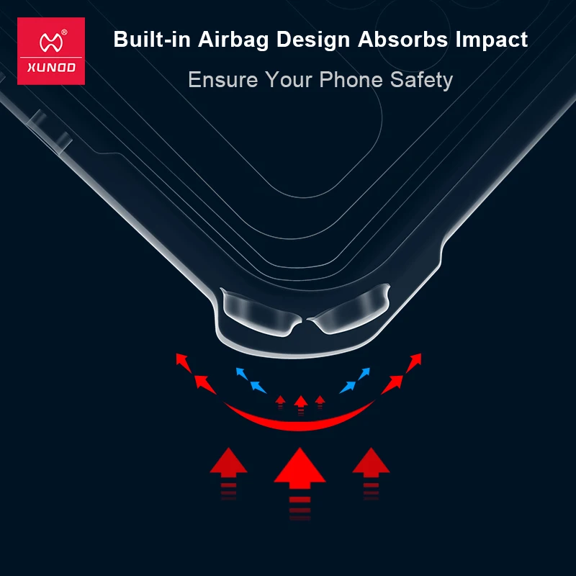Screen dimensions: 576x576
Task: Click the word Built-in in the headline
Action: [150, 39]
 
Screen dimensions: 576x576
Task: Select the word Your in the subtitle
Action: [288, 79]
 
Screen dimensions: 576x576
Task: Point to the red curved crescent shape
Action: [300, 420]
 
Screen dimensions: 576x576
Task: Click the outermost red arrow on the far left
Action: [185, 361]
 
